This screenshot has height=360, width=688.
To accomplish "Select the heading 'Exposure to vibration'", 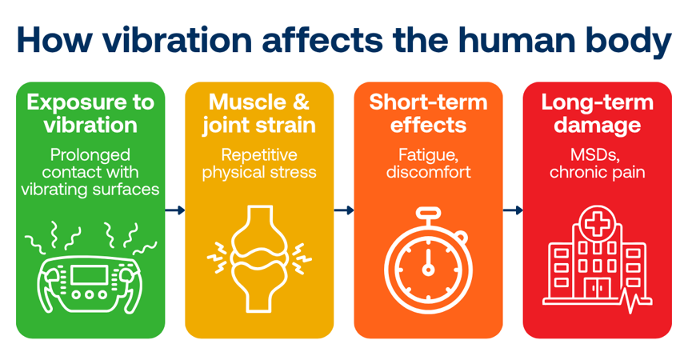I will click(90, 114).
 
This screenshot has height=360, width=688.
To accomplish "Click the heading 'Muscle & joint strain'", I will click(259, 114).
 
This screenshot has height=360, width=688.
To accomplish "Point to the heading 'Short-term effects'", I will click(428, 114).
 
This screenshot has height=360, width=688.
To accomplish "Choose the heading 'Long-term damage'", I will click(597, 114).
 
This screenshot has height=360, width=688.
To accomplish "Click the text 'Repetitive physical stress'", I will click(259, 163).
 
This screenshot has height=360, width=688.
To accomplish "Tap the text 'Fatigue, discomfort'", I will click(428, 163).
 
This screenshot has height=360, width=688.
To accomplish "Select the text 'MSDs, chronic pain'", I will click(597, 163).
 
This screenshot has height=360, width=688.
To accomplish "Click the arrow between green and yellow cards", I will click(174, 210).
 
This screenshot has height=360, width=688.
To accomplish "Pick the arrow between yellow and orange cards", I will click(344, 210).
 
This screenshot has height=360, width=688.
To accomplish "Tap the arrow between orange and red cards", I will click(513, 210).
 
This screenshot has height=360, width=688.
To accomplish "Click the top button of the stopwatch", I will click(428, 214).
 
